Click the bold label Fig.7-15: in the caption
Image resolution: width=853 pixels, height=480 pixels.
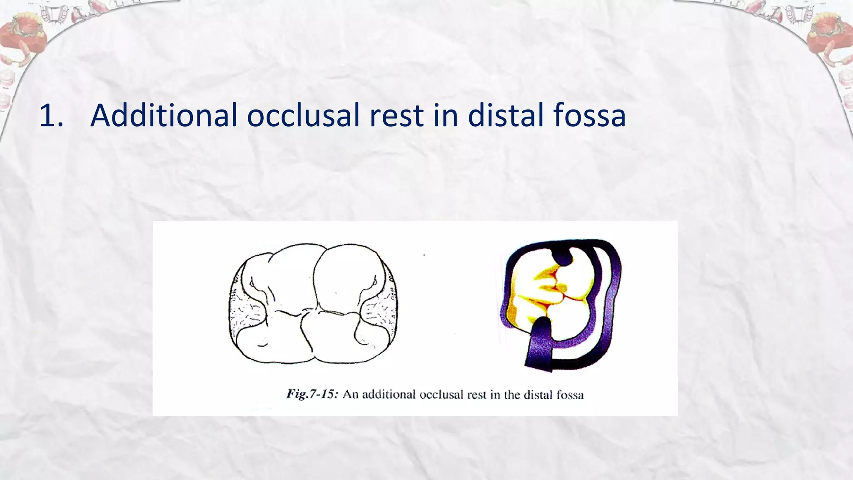312,394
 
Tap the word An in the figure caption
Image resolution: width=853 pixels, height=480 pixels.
350,394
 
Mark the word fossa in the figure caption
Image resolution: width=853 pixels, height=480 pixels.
570,394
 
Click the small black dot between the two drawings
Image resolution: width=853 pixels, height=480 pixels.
424,255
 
